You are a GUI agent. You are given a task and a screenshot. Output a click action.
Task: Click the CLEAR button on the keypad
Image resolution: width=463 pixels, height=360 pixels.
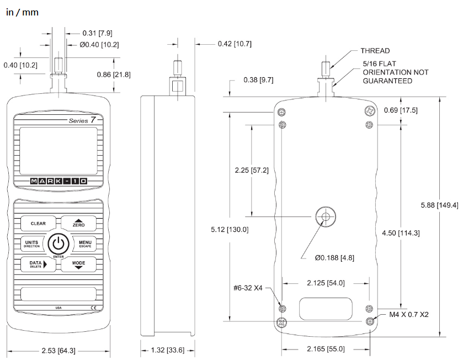[x=38, y=223]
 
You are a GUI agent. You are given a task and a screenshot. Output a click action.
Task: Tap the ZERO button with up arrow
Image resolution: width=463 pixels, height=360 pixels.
[x=78, y=223]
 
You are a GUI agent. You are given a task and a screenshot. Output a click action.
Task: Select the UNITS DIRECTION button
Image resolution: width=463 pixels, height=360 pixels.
[x=32, y=243]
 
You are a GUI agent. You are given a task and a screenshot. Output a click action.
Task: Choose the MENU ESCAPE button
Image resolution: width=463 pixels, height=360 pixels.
[x=85, y=243]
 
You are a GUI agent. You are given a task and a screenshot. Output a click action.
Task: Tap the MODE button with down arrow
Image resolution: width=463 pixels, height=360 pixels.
[x=78, y=264]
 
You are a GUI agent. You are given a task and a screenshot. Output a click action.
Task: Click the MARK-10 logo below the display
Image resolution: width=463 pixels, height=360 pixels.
[x=58, y=181]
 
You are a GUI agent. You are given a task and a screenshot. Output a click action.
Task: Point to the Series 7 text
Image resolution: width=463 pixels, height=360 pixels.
[x=83, y=120]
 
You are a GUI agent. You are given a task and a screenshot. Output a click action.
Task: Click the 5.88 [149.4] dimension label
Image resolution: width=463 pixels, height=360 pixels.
[x=439, y=205]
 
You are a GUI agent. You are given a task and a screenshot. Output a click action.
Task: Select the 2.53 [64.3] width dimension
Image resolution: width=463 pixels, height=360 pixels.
[x=58, y=351]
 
